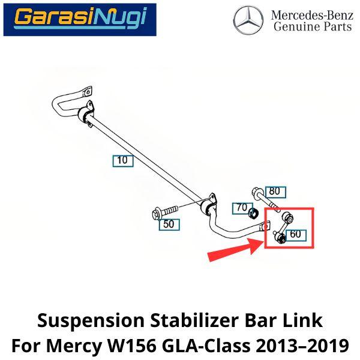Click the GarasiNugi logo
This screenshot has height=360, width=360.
[80, 20]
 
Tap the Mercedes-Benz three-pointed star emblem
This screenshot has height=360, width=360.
[248, 20]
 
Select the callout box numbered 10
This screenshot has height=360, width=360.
[123, 161]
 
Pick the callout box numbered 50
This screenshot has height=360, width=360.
[169, 224]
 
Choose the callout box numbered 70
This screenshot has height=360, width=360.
[242, 208]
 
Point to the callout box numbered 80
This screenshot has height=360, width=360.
[275, 192]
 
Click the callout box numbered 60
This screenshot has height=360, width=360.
[296, 235]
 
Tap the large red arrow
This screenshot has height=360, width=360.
[235, 250]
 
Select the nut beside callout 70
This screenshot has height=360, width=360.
[254, 214]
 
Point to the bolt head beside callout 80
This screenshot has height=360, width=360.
[256, 191]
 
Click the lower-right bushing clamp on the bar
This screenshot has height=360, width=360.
[208, 205]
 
